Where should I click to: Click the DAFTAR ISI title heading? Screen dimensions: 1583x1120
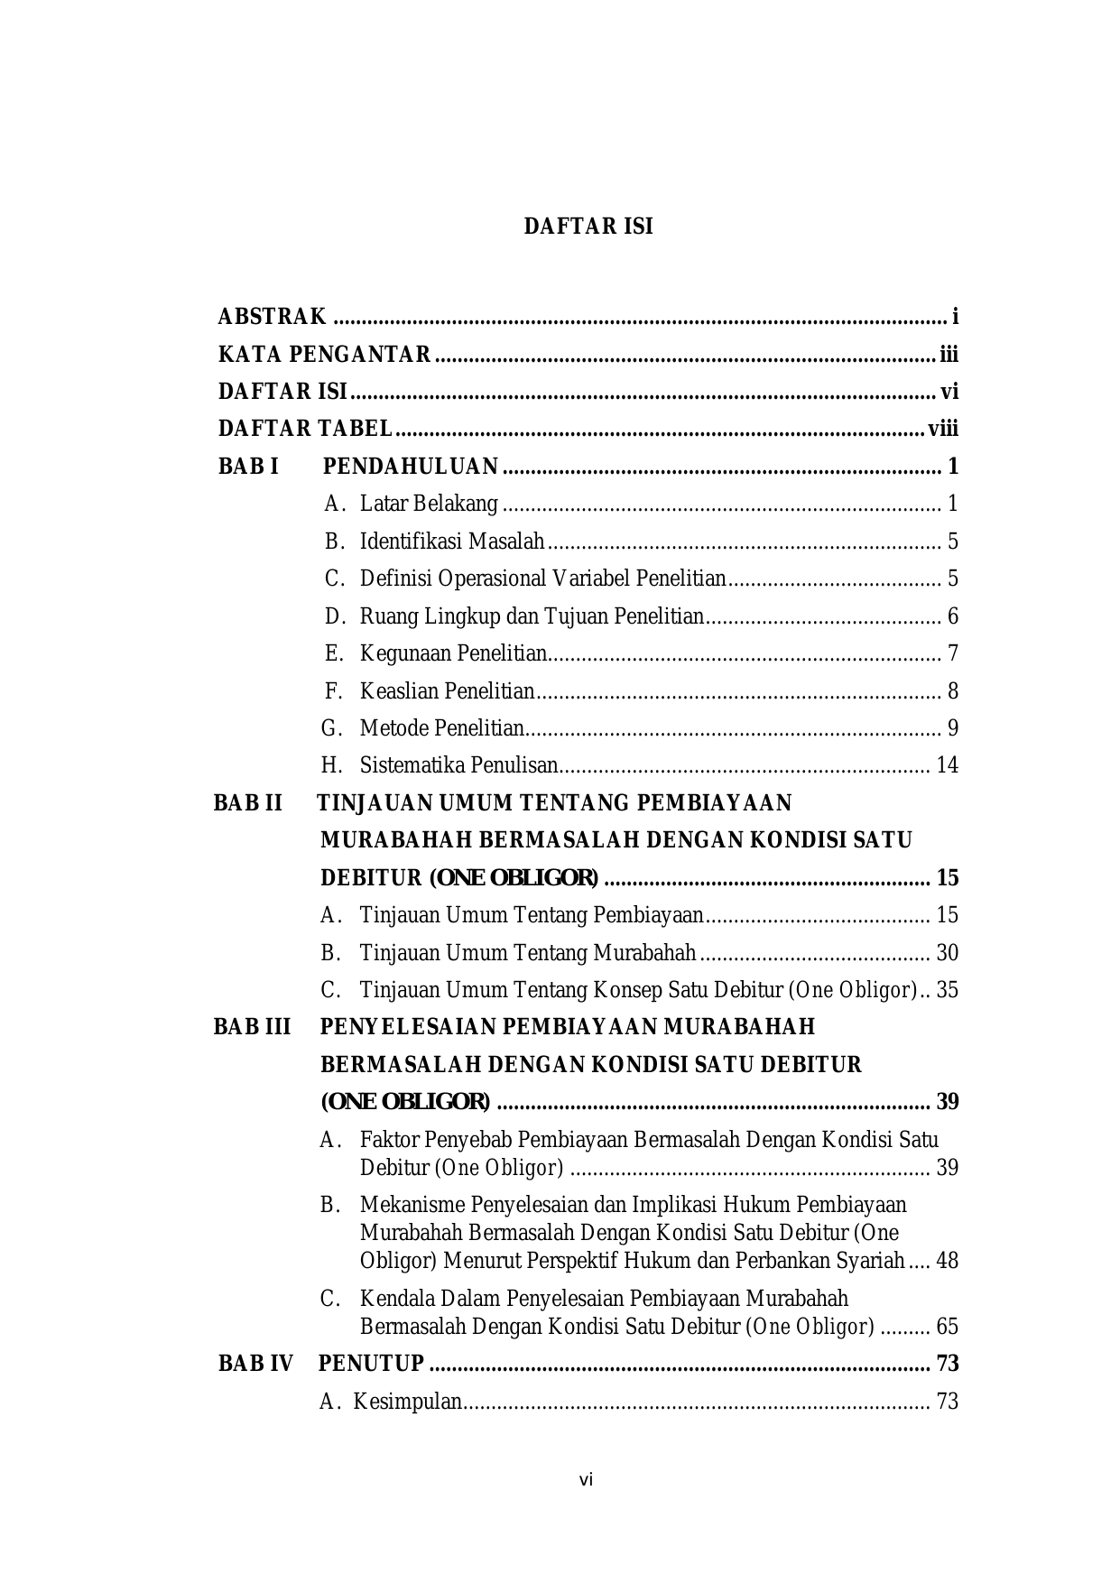pos(588,227)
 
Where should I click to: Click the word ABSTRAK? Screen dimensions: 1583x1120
pos(272,317)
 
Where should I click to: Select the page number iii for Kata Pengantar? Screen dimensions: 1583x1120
pos(948,355)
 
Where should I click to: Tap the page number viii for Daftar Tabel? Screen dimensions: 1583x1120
pos(943,429)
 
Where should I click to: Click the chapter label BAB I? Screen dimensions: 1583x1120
pos(248,467)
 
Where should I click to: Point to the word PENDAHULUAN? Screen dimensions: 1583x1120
pos(411,467)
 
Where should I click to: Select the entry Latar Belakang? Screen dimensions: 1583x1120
pos(429,504)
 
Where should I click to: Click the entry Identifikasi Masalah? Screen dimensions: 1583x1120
pos(452,542)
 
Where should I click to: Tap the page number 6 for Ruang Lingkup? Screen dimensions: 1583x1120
pos(953,616)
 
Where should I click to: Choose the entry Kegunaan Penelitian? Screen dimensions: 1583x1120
pos(454,653)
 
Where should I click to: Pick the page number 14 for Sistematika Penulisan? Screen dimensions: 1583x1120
pos(948,765)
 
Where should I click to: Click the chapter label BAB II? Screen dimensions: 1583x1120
pos(248,802)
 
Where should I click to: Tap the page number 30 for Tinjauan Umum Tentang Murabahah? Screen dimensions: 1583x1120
pos(948,953)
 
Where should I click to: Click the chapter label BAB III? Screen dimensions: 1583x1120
pos(252,1027)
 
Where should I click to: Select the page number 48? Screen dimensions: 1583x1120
pos(948,1261)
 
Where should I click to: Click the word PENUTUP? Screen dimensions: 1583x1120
pos(371,1363)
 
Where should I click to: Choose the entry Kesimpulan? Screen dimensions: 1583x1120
pos(408,1402)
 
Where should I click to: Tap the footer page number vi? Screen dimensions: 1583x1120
pos(586,1480)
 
